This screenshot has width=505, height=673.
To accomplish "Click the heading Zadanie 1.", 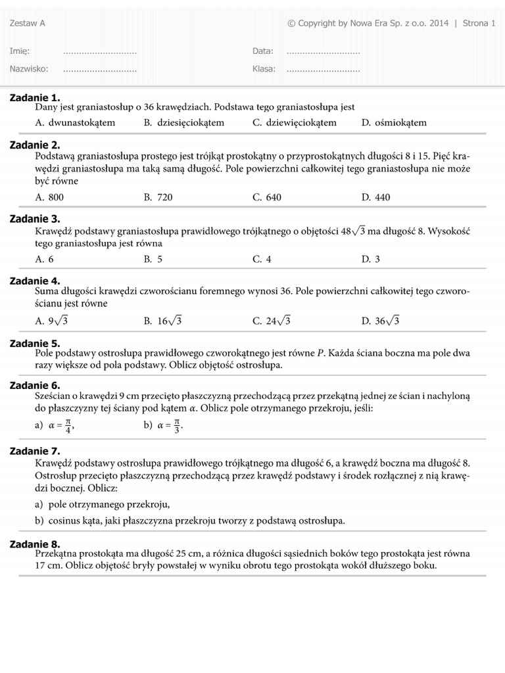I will pos(35,97).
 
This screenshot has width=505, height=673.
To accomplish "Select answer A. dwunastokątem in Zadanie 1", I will pos(75,122).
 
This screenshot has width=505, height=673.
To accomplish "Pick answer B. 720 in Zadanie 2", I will pos(158,197).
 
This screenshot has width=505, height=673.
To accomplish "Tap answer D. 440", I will pos(375,197).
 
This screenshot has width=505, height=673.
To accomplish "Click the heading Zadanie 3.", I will pos(35,218).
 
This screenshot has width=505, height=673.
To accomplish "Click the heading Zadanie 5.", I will pos(35,343).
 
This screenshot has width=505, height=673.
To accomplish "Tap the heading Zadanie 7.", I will pos(35,451).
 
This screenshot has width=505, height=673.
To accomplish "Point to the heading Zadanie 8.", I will pos(35,544).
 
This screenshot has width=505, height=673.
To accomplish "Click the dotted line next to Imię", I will pos(99,52).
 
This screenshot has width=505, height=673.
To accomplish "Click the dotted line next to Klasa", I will pos(323,69).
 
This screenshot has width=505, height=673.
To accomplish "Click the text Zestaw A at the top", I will pos(28,24).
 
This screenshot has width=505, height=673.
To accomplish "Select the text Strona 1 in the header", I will pos(479,24).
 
